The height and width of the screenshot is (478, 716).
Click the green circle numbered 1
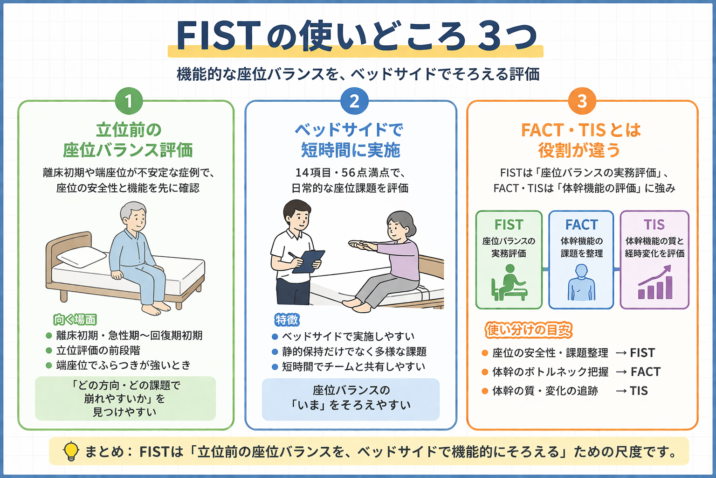click(129, 101)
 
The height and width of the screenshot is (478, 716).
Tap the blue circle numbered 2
click(354, 101)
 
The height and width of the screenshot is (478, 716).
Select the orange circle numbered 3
click(582, 101)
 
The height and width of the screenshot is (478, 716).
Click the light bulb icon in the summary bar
click(71, 451)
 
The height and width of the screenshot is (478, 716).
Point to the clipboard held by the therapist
click(308, 261)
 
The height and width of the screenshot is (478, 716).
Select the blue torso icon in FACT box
click(581, 282)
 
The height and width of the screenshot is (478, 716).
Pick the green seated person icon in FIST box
click(508, 283)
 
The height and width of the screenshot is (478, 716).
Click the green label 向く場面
click(75, 320)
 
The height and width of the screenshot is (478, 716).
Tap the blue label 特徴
click(287, 320)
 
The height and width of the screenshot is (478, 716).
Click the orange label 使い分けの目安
click(529, 330)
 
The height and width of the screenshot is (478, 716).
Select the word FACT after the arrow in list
click(646, 372)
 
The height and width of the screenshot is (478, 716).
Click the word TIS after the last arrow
click(639, 391)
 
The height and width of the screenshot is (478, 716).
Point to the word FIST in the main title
click(217, 36)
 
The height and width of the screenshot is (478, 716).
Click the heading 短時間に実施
click(351, 150)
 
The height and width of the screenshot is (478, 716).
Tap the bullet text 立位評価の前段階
click(98, 351)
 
